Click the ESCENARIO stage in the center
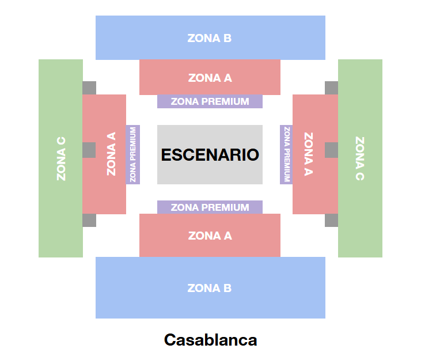[x=210, y=155]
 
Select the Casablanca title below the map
[x=210, y=340]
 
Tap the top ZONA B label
[x=210, y=39]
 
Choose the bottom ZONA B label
[x=210, y=288]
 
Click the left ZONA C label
[x=61, y=158]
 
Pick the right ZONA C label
[x=359, y=158]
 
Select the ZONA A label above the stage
[x=210, y=78]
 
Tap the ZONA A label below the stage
[x=210, y=236]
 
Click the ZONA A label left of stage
[x=111, y=154]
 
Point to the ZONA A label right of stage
[x=309, y=154]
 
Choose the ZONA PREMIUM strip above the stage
[x=210, y=102]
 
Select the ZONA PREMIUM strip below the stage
[x=210, y=207]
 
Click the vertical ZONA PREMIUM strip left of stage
[x=133, y=154]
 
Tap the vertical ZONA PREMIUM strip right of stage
[x=286, y=154]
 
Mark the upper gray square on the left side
[x=89, y=88]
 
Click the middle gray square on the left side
[x=89, y=150]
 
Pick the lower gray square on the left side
[x=89, y=220]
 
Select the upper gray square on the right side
[x=331, y=88]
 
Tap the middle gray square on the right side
[x=331, y=150]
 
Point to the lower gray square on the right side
[x=331, y=220]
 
